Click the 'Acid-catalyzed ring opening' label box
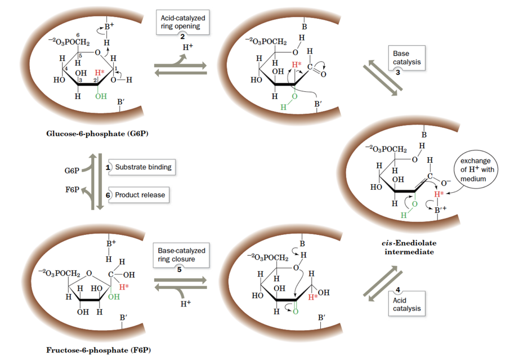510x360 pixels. [x=182, y=23]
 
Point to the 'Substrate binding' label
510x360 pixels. [x=143, y=167]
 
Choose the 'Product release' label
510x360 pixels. [x=140, y=195]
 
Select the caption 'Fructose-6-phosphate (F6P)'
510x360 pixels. [x=94, y=350]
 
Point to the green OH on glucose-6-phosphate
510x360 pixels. [x=101, y=96]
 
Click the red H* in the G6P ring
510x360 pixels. [x=100, y=73]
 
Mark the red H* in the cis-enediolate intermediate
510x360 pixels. [x=439, y=194]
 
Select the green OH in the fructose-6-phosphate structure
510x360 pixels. [x=114, y=296]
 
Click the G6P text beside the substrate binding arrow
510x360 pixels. [x=72, y=170]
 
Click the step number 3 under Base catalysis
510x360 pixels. [x=397, y=73]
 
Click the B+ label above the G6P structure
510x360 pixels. [x=110, y=27]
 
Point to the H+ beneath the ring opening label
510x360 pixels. [x=187, y=47]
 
